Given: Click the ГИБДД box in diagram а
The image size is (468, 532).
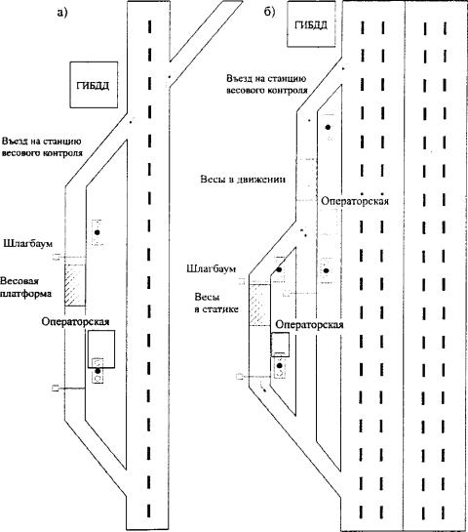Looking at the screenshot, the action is [94, 85].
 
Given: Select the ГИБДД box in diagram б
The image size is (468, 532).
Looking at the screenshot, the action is [311, 23].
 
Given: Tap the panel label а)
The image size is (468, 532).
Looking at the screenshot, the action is [62, 13].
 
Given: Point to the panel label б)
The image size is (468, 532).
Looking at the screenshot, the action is [270, 12].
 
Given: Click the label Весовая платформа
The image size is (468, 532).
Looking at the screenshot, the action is [25, 287].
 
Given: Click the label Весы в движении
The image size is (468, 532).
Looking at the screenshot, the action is [243, 180].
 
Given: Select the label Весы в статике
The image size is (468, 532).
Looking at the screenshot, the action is [216, 303].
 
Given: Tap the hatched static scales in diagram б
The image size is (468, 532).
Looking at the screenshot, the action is [259, 305].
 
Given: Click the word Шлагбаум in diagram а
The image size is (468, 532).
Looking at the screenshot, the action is [28, 244].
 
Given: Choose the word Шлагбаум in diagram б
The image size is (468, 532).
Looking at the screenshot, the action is [212, 269].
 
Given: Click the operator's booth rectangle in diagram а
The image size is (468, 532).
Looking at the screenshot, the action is [101, 349].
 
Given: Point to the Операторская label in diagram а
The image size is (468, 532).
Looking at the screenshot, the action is [75, 321].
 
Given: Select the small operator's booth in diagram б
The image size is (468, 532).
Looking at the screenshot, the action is [280, 345].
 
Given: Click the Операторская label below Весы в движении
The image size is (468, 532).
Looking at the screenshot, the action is [355, 201].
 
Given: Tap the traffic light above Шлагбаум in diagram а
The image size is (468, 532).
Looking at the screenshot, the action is [97, 232].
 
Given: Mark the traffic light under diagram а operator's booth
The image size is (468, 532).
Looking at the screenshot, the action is [97, 371].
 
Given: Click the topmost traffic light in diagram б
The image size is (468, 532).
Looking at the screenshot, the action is [328, 127].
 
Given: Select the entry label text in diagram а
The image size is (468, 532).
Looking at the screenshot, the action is [42, 147].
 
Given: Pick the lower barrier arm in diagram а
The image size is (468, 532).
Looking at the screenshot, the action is [68, 389].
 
